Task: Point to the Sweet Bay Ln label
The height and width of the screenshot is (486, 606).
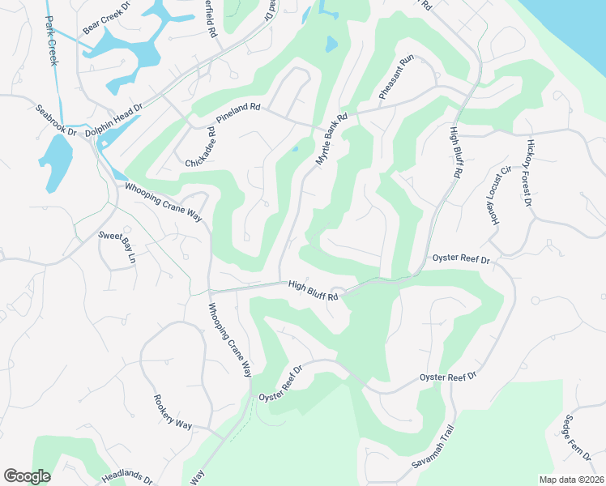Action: (x=117, y=247)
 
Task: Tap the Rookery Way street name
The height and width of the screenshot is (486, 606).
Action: (x=173, y=412)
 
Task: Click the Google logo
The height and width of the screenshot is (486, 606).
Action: (x=27, y=476)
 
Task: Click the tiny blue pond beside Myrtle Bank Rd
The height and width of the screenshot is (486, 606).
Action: (x=294, y=149)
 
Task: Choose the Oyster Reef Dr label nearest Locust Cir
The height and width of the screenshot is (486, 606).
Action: (x=462, y=259)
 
